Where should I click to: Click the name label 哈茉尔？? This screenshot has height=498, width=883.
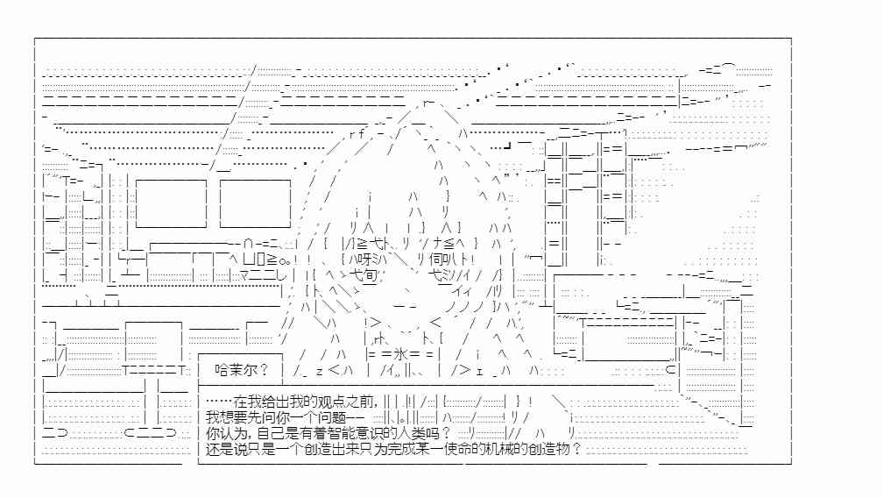click(242, 370)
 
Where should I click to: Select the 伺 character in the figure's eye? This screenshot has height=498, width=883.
click(436, 260)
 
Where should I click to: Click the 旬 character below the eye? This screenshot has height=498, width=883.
click(370, 275)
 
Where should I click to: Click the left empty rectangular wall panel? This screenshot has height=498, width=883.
click(171, 203)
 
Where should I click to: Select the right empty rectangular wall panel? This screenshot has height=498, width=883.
click(255, 203)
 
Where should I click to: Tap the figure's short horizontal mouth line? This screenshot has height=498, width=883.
click(405, 307)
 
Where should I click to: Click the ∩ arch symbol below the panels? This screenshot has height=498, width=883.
click(249, 244)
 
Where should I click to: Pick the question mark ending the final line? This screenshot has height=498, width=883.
click(576, 449)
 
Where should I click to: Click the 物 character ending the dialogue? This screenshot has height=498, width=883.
click(563, 449)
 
